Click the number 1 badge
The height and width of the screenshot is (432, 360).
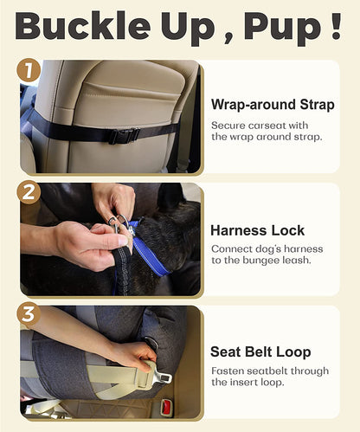[x=29, y=69]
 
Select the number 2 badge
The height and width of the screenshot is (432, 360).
[x=29, y=191]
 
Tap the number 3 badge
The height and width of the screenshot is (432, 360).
[x=29, y=313]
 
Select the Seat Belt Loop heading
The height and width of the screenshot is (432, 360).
[x=261, y=351]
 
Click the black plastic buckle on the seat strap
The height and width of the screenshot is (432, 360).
[x=124, y=135]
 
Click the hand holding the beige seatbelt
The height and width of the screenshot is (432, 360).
[x=130, y=355]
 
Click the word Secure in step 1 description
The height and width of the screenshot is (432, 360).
[x=228, y=126]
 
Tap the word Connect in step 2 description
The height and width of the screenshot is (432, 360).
[x=231, y=250]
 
